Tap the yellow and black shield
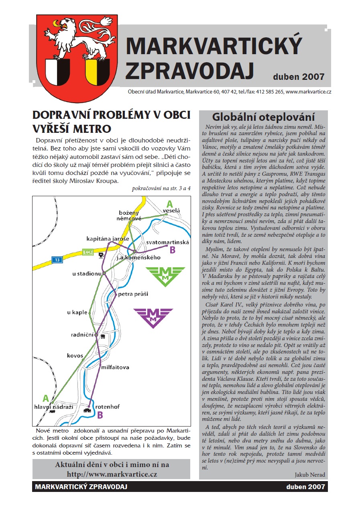(x=98, y=72)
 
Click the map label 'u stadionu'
(x=86, y=274)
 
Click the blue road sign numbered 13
(x=57, y=260)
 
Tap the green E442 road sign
(x=88, y=252)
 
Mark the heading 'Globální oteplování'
(x=263, y=117)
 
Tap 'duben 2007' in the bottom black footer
(x=305, y=487)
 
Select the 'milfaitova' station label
(x=115, y=367)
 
